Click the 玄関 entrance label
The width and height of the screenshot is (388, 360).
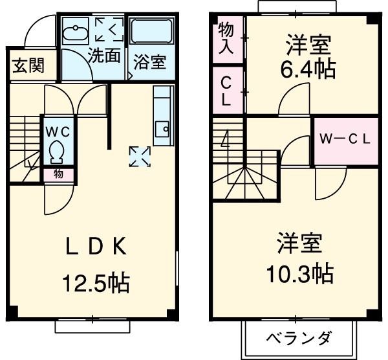pos(27,66)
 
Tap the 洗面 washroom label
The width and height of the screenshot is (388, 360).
pos(104,56)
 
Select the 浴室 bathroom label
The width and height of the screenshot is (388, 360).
pos(150,63)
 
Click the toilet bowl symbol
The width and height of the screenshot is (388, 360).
pos(56,152)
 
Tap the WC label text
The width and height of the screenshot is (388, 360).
pos(57,130)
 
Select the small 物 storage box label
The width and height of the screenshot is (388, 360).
pos(58,174)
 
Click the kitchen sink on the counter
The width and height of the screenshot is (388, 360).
pos(162,127)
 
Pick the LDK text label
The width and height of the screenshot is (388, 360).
pos(97,247)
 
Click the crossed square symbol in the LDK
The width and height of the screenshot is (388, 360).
pos(140,155)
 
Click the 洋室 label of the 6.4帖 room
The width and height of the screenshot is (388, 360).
pos(309,45)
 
